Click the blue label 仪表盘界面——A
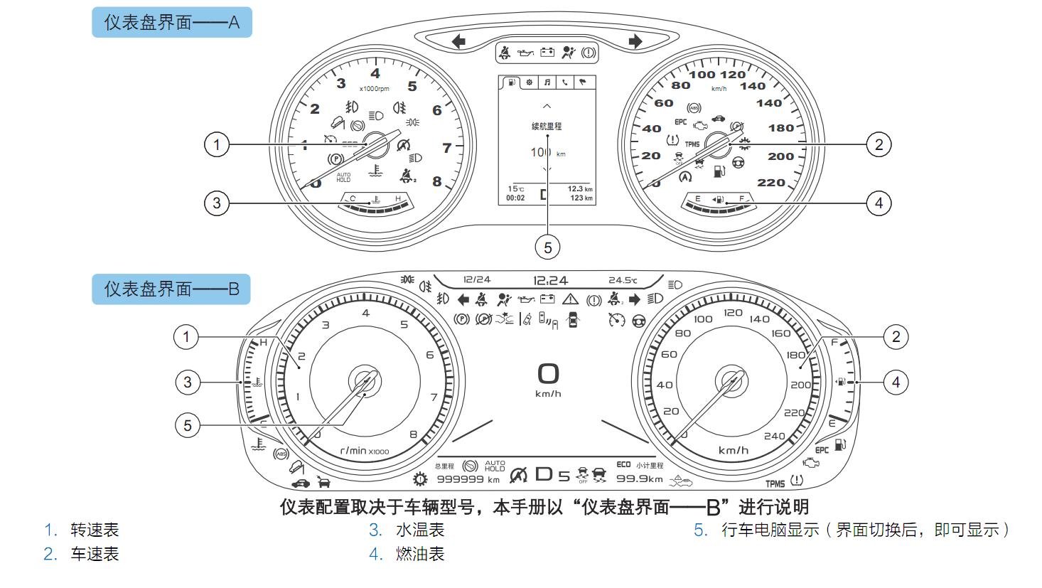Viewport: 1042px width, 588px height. click(171, 22)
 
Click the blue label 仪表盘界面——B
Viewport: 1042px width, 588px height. click(171, 289)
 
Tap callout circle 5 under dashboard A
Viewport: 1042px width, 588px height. click(547, 247)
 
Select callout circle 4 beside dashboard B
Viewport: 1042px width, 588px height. click(896, 383)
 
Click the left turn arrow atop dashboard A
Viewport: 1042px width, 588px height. click(458, 41)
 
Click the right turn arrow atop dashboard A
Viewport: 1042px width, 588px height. click(635, 41)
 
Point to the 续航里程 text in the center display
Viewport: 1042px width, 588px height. click(547, 127)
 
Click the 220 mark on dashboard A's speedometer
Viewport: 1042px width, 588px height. click(771, 183)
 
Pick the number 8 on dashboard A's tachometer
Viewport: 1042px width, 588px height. click(436, 182)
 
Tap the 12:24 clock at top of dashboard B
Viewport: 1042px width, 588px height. click(550, 281)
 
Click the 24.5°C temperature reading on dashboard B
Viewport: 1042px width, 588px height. click(623, 281)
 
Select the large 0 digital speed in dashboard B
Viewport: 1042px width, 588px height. click(548, 374)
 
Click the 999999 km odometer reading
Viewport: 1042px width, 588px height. click(468, 479)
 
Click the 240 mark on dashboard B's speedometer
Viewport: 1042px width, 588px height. click(774, 436)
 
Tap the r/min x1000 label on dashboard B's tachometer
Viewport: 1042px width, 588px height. click(364, 451)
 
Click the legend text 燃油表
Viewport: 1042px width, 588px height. click(420, 554)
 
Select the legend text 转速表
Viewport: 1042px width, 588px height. click(95, 530)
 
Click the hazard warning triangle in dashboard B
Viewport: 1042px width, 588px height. click(570, 299)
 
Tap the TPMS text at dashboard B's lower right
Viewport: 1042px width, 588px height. click(775, 483)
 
